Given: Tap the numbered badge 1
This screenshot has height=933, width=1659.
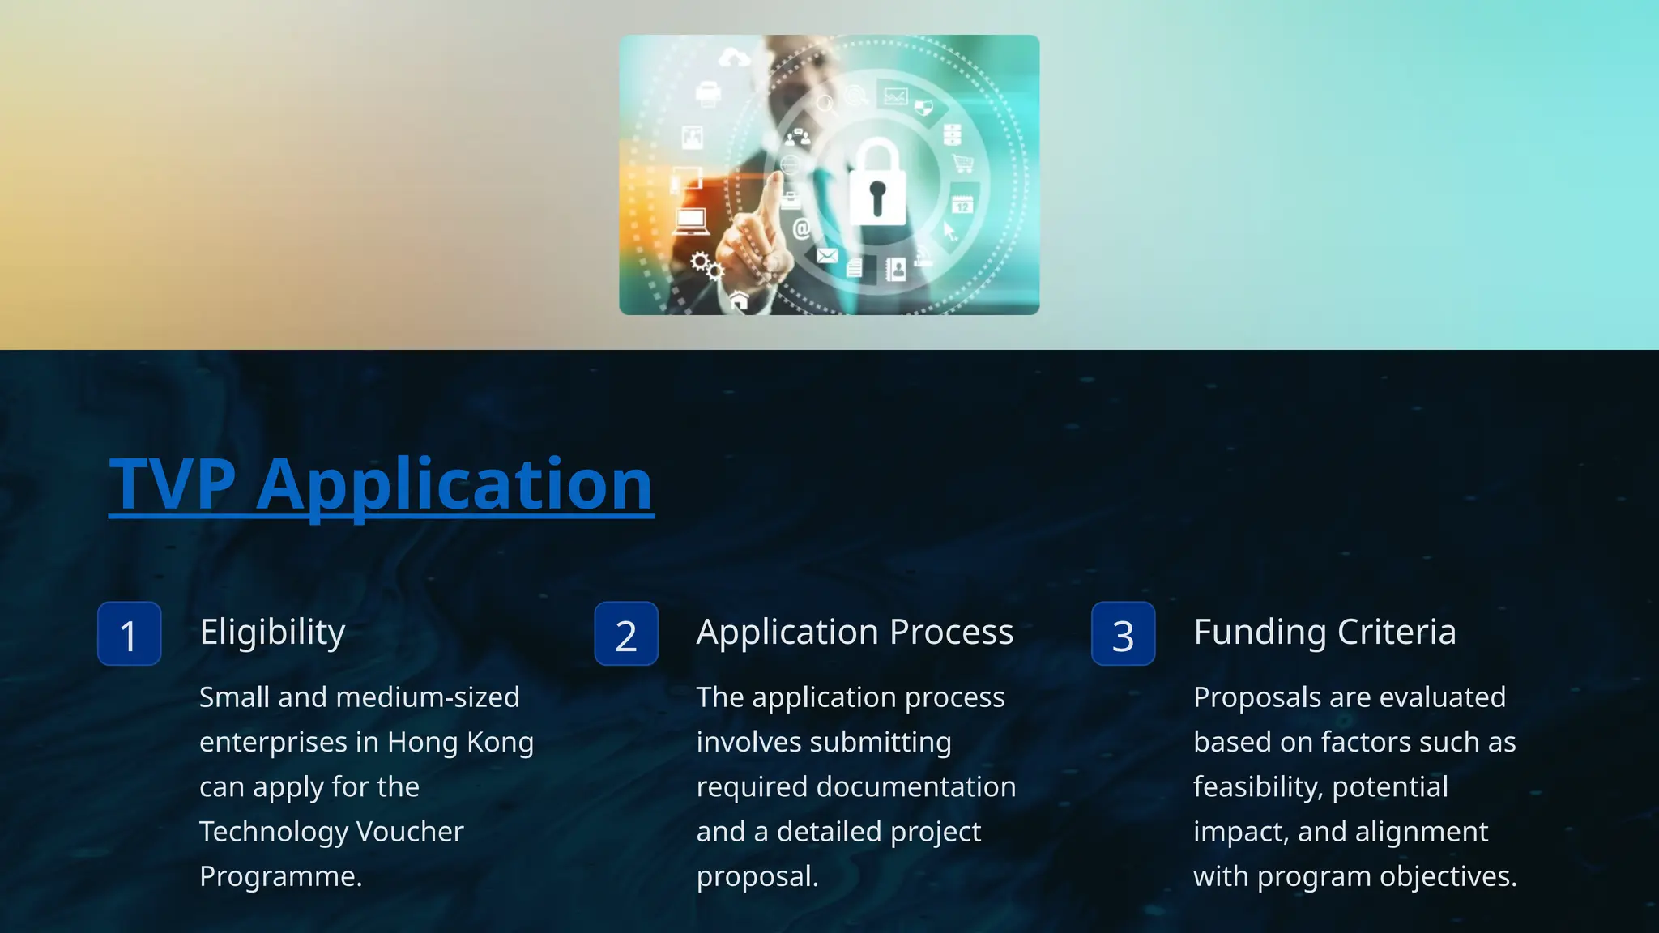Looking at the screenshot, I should (129, 634).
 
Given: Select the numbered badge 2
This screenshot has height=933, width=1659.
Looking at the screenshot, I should (626, 634).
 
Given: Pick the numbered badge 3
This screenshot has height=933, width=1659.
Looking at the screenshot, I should (1123, 634).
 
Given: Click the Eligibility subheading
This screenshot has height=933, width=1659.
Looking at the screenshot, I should (272, 633).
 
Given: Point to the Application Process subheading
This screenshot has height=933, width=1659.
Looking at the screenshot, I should (855, 633).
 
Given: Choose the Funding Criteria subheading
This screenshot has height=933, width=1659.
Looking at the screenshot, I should (1324, 633).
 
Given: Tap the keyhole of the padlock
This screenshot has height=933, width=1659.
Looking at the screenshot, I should (877, 197).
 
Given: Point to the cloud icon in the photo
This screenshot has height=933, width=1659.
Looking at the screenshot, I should (734, 58).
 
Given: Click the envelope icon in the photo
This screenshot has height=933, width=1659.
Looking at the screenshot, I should (827, 256).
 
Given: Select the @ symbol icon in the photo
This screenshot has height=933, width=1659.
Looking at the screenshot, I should (801, 229).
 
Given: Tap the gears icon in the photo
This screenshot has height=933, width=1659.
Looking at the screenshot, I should (706, 265).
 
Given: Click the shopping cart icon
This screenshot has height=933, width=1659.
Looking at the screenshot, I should (963, 164).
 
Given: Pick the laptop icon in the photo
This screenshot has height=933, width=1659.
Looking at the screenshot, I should (691, 221).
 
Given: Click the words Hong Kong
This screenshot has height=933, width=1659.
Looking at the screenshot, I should (460, 743).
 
